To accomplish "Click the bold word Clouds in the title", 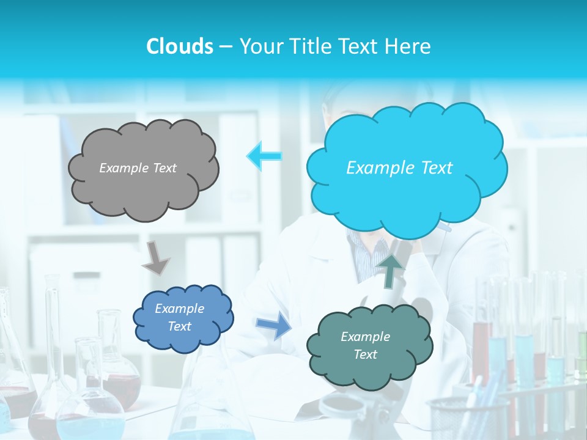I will coord(180,46).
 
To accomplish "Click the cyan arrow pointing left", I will coord(264,156).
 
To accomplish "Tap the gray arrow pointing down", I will coord(156,257).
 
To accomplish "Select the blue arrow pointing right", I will coord(274,325).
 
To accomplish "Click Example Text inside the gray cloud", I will coord(138,168).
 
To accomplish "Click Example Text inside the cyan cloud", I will coord(399,168).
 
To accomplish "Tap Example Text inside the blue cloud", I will coord(180,318).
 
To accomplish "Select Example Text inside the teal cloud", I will coord(365,345).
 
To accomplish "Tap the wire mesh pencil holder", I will coord(468,419).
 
